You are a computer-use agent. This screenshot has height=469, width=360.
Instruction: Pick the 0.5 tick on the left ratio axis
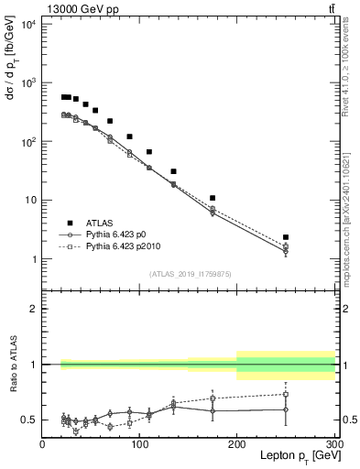pyautogui.click(x=29, y=420)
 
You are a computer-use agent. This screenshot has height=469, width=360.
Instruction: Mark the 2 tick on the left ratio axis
pyautogui.click(x=33, y=310)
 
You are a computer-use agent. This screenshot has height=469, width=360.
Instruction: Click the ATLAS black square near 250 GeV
pyautogui.click(x=286, y=237)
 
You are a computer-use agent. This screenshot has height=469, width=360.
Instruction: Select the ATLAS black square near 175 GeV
pyautogui.click(x=213, y=198)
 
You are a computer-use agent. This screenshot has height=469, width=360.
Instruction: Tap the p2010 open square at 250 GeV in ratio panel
pyautogui.click(x=286, y=395)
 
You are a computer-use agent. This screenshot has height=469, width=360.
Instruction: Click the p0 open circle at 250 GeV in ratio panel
pyautogui.click(x=286, y=409)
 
